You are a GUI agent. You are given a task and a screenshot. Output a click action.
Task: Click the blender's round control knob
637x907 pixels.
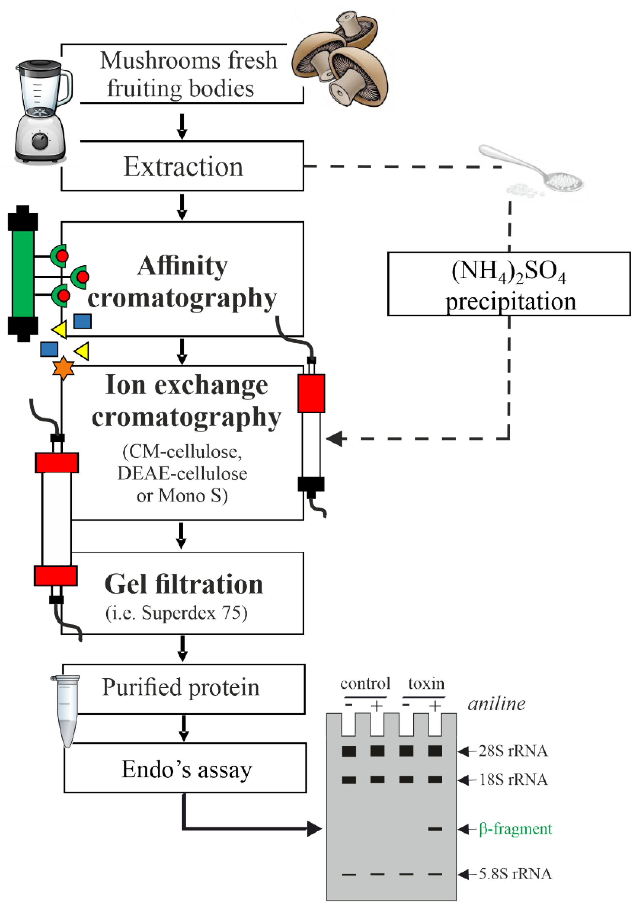[40, 141]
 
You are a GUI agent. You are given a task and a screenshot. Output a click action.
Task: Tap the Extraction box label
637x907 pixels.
[183, 167]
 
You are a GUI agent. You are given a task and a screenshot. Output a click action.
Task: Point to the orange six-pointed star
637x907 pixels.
[63, 368]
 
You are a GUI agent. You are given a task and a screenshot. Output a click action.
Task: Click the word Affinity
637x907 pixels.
[182, 266]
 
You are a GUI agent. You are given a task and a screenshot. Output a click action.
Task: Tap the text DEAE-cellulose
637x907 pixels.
[182, 474]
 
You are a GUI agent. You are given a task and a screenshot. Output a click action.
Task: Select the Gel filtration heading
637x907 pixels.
[184, 584]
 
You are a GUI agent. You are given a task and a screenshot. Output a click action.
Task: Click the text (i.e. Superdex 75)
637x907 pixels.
[177, 613]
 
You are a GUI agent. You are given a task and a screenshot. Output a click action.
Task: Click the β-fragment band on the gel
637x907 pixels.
[435, 829]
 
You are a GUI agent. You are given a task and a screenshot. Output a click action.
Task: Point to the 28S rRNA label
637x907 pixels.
[513, 751]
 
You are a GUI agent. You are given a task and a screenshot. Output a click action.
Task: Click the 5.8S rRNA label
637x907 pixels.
[515, 874]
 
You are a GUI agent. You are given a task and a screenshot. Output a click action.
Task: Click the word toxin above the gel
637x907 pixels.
[426, 683]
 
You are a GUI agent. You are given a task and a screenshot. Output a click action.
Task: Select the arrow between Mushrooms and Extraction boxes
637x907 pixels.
[182, 126]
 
